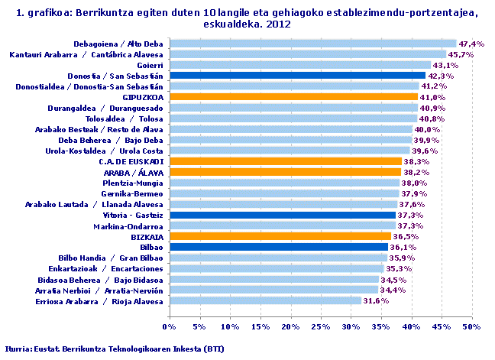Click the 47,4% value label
pyautogui.click(x=472, y=44)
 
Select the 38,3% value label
pyautogui.click(x=418, y=161)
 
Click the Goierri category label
pyautogui.click(x=149, y=65)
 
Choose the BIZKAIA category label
pyautogui.click(x=147, y=237)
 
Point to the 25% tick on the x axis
pyautogui.click(x=320, y=327)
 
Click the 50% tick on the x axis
pyautogui.click(x=471, y=327)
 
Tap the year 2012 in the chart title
pyautogui.click(x=279, y=24)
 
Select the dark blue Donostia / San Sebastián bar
pyautogui.click(x=297, y=76)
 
